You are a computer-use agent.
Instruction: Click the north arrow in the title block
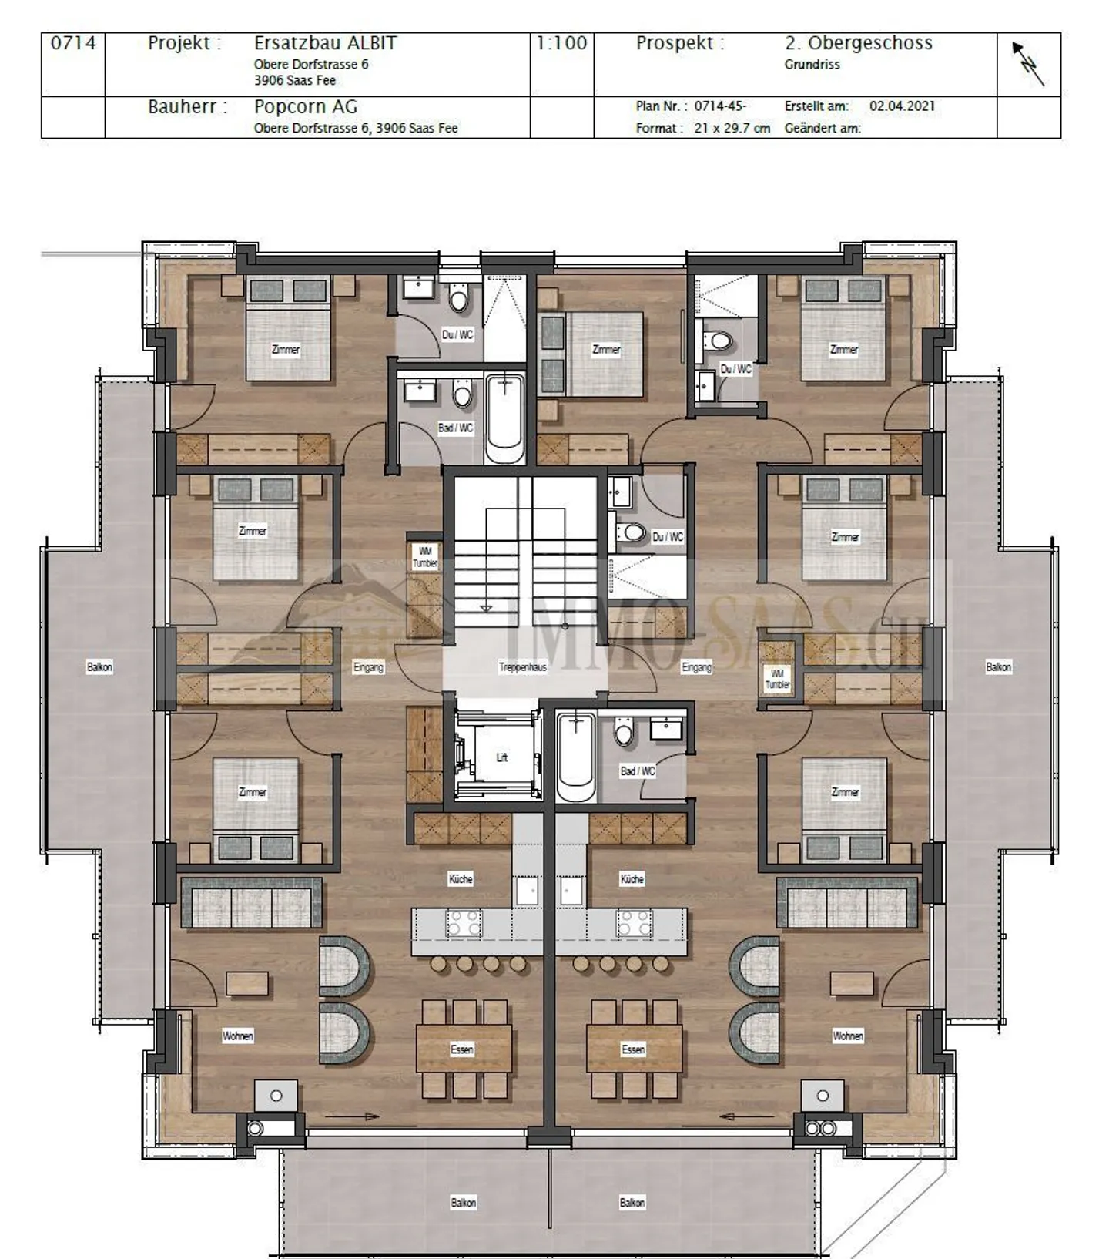[x=1028, y=64]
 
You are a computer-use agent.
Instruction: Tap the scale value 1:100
[x=561, y=43]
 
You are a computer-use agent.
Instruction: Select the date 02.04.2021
[x=902, y=106]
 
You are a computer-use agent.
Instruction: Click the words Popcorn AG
[x=306, y=107]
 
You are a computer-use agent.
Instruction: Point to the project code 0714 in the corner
[x=73, y=43]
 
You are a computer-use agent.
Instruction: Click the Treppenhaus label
[x=522, y=667]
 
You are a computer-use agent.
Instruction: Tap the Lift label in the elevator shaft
[x=501, y=757]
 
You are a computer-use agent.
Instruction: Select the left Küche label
[x=461, y=879]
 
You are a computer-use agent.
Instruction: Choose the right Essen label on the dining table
[x=633, y=1049]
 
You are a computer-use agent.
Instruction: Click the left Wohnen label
[x=238, y=1036]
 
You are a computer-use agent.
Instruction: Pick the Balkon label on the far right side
[x=998, y=667]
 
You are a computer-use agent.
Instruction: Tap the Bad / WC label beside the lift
[x=638, y=771]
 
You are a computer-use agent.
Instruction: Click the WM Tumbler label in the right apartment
[x=777, y=680]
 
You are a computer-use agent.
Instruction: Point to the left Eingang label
[x=368, y=667]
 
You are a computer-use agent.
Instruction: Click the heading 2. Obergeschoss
[x=859, y=43]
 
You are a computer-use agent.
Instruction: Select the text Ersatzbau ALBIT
[x=325, y=43]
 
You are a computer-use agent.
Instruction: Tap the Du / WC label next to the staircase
[x=668, y=537]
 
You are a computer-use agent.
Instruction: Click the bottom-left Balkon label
[x=463, y=1203]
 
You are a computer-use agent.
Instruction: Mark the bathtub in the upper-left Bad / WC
[x=505, y=418]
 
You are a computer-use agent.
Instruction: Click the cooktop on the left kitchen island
[x=464, y=922]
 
